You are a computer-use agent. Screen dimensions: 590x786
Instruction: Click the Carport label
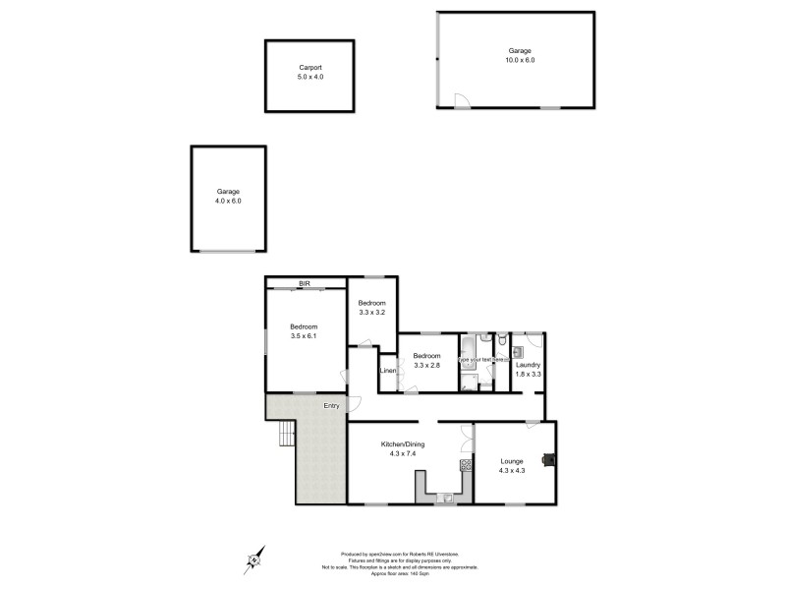click(310, 67)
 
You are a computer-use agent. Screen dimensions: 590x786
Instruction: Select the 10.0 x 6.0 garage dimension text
click(520, 60)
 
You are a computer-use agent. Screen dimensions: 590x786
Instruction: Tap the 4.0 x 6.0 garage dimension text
click(228, 201)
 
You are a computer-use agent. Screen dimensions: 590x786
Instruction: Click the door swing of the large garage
click(460, 99)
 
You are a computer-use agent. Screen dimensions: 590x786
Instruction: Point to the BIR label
click(305, 283)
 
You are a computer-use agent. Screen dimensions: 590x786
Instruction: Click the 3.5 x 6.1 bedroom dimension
click(304, 336)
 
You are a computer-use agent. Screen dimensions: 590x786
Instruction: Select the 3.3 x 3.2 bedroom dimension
click(371, 313)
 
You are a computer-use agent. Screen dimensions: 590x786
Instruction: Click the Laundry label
click(528, 365)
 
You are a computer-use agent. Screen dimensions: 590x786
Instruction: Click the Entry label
click(331, 405)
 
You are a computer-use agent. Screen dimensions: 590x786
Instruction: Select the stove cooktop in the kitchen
click(465, 465)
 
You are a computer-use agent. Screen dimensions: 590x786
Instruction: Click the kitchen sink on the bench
click(447, 498)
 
